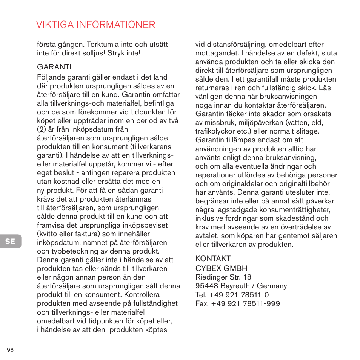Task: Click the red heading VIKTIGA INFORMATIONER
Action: (96, 25)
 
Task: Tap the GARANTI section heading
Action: (54, 67)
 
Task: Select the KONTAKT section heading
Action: (212, 259)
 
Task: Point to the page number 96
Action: (10, 350)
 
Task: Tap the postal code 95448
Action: (206, 286)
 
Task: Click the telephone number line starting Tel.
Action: (232, 295)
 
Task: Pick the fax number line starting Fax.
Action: (237, 303)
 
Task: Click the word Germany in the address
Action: (272, 286)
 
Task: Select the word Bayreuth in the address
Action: (235, 286)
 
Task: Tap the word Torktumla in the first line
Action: (104, 45)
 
